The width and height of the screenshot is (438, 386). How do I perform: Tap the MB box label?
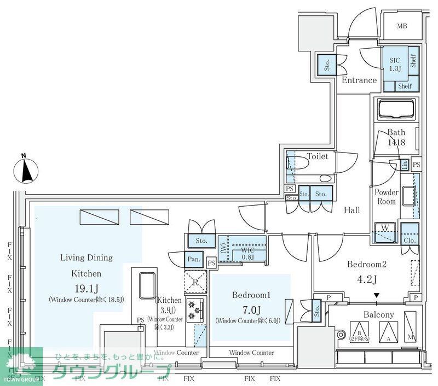coord(402,26)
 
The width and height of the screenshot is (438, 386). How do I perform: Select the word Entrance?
coord(359,80)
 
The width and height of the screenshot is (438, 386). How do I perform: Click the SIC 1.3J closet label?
coord(395,65)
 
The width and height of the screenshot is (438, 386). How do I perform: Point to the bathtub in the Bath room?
coord(395,109)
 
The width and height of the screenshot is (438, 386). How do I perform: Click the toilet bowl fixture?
coord(304,163)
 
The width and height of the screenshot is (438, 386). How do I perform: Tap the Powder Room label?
coord(386,197)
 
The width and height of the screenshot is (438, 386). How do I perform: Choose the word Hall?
coord(351,210)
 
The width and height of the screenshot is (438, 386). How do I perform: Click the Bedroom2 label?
coord(367,265)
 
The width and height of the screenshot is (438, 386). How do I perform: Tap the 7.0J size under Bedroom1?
coord(251,308)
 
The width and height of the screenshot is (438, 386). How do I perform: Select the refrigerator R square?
coord(195,283)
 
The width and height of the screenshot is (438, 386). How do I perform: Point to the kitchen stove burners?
coord(192,311)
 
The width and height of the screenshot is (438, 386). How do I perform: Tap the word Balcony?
coord(379,314)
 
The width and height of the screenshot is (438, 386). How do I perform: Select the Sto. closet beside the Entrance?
coord(327,66)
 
